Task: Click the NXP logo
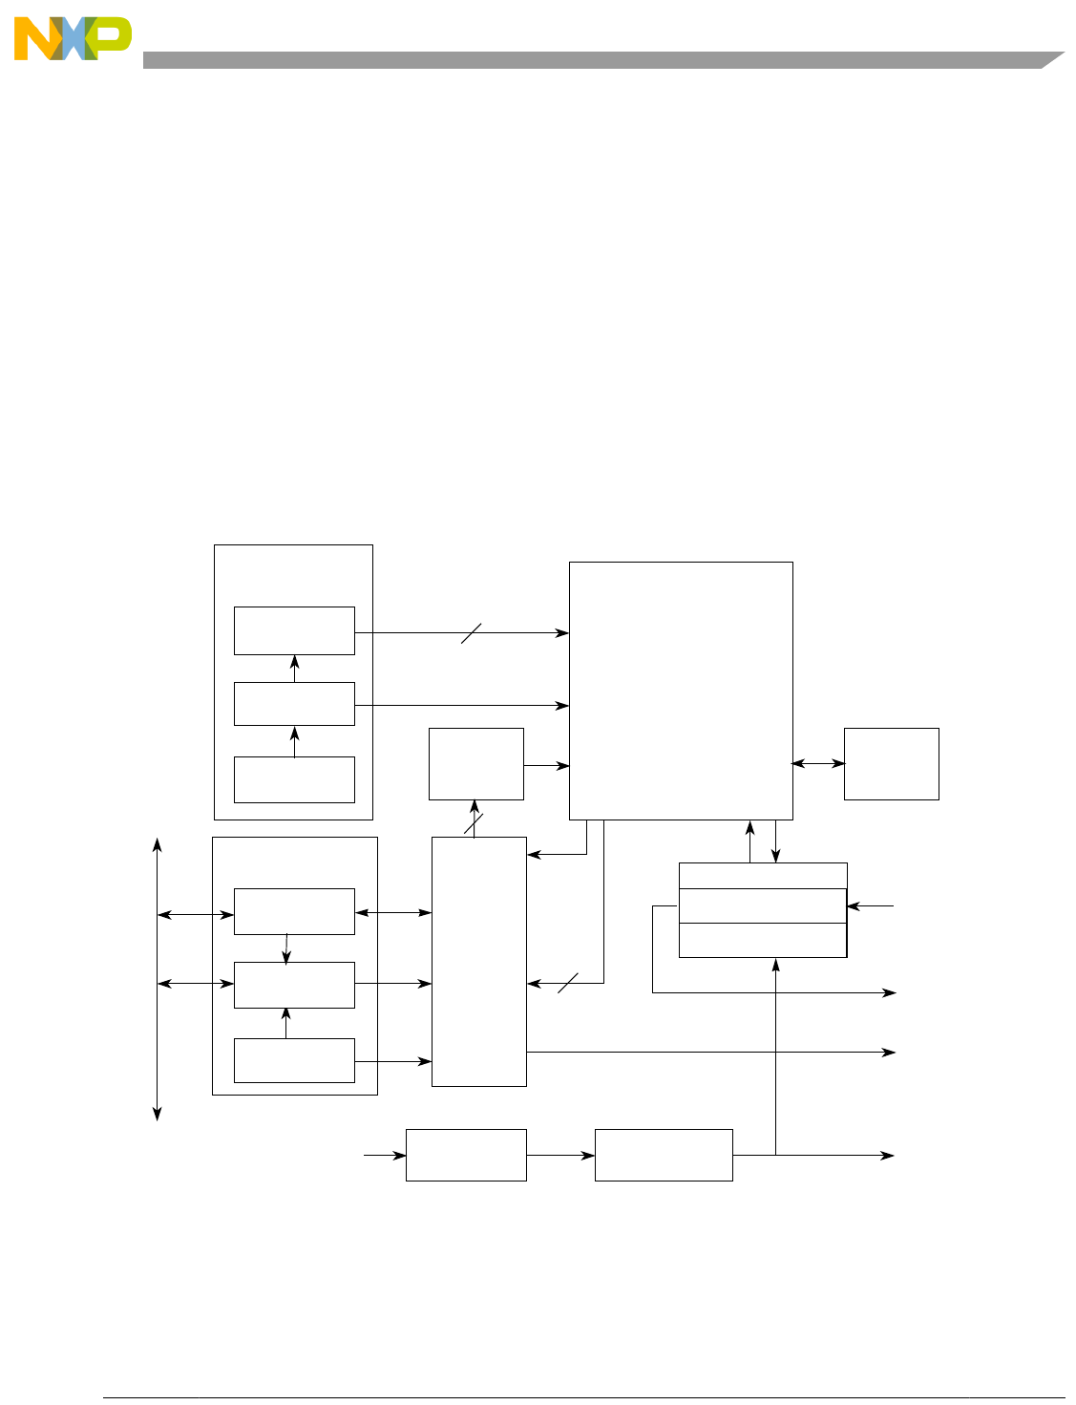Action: tap(72, 38)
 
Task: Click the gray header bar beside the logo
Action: tap(592, 59)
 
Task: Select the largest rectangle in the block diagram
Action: tap(681, 690)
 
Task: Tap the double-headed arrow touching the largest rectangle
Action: tap(818, 763)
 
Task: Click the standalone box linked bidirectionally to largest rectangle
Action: tap(891, 763)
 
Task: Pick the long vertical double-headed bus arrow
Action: tap(158, 979)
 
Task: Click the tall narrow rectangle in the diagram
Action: tap(478, 961)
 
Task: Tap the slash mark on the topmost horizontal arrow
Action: tap(472, 632)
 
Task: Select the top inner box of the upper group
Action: tap(294, 630)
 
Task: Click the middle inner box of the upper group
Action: tap(294, 704)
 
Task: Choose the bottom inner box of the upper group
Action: tap(294, 779)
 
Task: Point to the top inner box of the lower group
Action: tap(294, 911)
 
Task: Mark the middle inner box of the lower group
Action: tap(294, 985)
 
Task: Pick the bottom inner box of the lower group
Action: tap(294, 1060)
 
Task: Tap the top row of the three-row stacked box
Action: tap(762, 876)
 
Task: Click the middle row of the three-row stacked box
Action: tap(762, 905)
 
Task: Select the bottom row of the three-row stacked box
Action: tap(762, 940)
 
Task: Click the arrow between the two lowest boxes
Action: tap(560, 1155)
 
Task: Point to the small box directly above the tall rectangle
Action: tap(475, 763)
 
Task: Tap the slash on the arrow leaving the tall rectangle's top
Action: tap(474, 823)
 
